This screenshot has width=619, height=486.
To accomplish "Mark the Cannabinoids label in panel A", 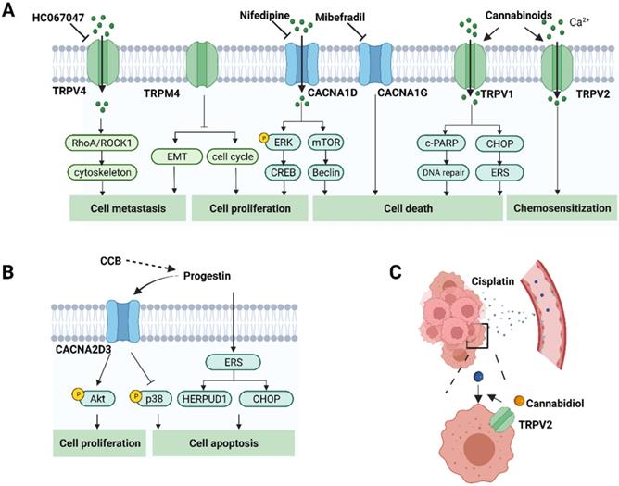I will [512, 16].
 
